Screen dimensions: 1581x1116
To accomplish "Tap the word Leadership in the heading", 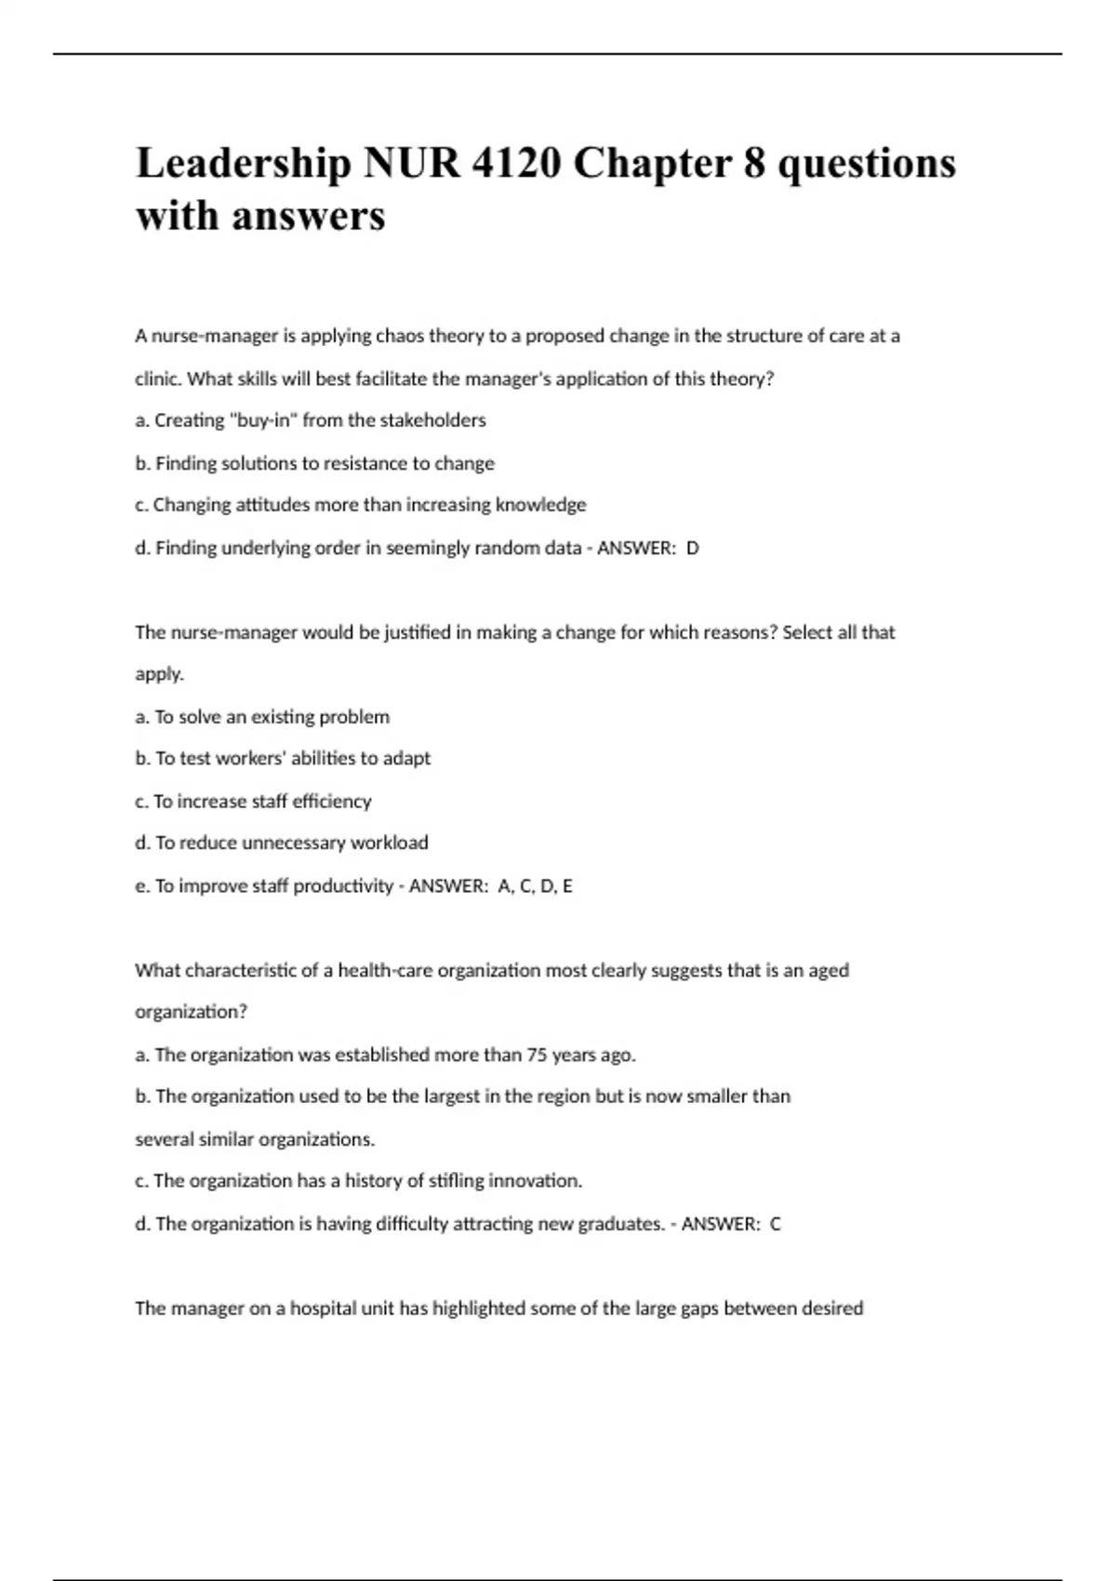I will click(x=244, y=165).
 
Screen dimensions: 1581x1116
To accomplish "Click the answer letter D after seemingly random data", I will click(x=692, y=548).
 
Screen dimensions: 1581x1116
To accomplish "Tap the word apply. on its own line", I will click(x=159, y=674).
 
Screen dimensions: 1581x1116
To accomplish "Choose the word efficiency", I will click(x=331, y=801).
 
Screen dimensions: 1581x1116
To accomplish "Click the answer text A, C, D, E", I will click(x=535, y=886).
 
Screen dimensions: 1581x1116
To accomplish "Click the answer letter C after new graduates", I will click(x=776, y=1224).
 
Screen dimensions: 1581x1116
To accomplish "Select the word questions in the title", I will click(x=866, y=165).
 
